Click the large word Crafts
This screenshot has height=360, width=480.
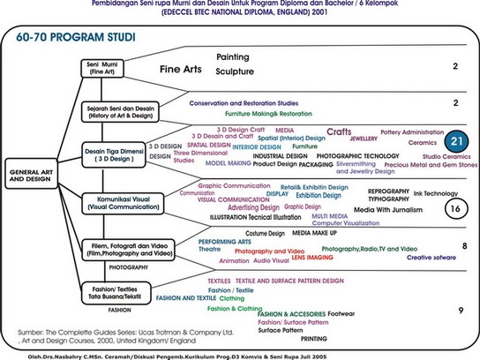click(x=339, y=132)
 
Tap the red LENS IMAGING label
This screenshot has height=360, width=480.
click(x=313, y=257)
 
